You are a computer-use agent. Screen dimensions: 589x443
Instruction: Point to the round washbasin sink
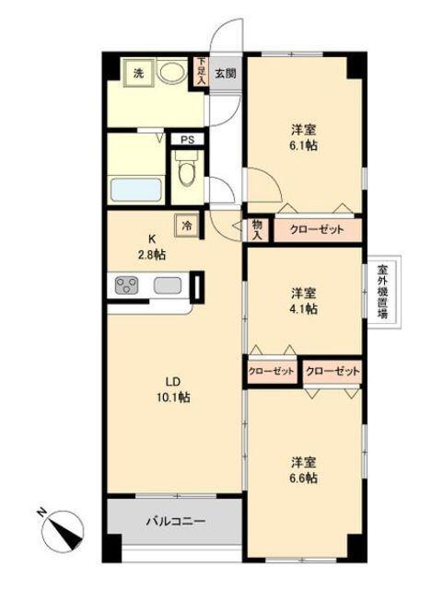170,72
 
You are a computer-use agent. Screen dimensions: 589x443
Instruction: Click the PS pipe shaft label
187,141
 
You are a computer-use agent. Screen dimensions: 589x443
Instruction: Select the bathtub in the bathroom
137,191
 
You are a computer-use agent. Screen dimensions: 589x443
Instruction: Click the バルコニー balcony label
175,521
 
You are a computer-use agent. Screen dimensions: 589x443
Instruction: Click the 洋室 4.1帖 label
303,301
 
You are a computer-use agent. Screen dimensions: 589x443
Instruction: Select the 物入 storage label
257,228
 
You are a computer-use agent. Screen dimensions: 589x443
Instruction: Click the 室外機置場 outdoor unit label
382,291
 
